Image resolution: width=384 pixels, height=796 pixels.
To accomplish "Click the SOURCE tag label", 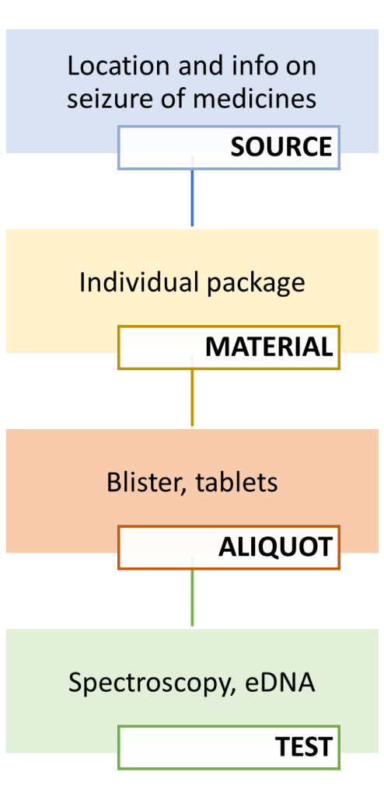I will pyautogui.click(x=281, y=147).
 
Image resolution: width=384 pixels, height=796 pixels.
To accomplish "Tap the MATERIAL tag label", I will pyautogui.click(x=268, y=347).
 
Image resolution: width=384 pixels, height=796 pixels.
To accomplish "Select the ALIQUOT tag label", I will pyautogui.click(x=275, y=546).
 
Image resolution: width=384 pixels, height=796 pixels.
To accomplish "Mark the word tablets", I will pyautogui.click(x=236, y=482).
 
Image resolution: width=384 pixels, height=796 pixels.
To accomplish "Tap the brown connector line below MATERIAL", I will pyautogui.click(x=192, y=397).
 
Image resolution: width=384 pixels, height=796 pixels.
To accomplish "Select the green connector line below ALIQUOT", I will pyautogui.click(x=192, y=598).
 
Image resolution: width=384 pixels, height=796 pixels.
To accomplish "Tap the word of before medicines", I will pyautogui.click(x=169, y=99).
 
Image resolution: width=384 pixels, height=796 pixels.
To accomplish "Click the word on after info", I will pyautogui.click(x=302, y=65).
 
